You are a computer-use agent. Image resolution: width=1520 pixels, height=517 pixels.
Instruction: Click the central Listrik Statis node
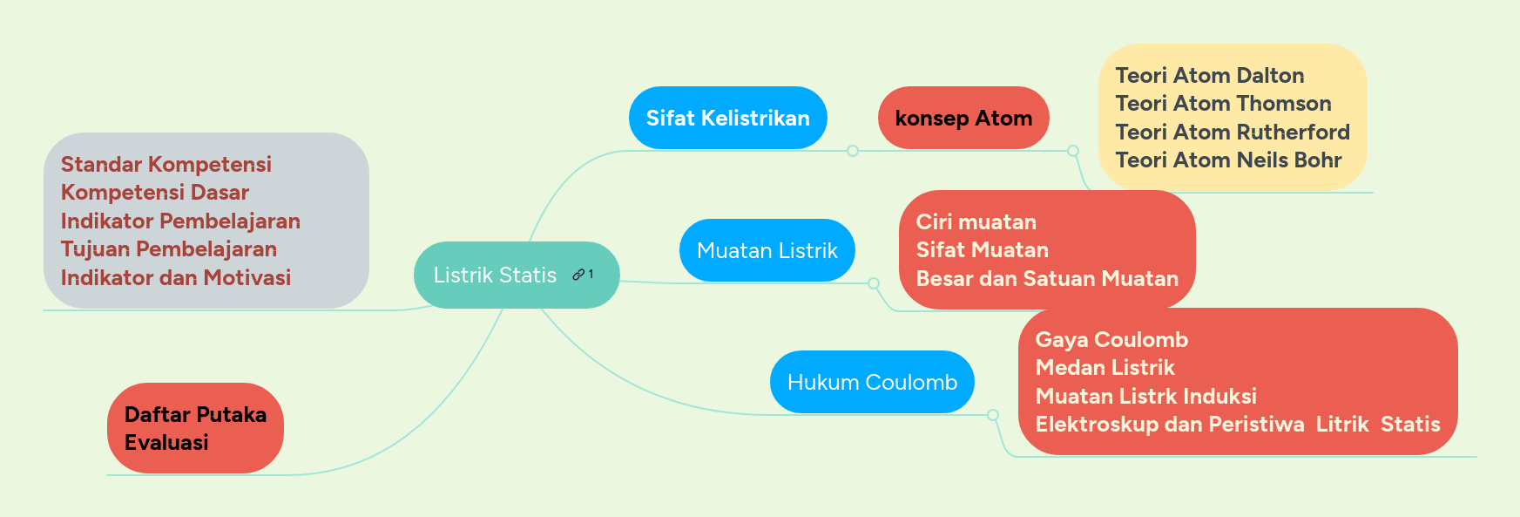click(x=494, y=276)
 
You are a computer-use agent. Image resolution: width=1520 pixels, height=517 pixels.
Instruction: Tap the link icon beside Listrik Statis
click(x=578, y=275)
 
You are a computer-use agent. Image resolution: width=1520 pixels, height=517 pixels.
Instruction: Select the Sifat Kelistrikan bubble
click(x=727, y=118)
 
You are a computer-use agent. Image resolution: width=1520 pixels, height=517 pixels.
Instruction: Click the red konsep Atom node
click(x=963, y=118)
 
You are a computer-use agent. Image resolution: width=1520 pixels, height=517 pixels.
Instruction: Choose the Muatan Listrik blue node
click(x=767, y=251)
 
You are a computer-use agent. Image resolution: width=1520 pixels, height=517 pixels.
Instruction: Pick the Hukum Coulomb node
click(x=872, y=382)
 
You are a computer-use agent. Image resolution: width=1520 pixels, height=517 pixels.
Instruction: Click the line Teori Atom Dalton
click(x=1209, y=76)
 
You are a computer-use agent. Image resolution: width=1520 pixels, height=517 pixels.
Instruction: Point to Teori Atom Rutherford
click(x=1232, y=133)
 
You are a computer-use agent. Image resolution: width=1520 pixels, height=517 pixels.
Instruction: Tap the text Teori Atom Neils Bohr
click(x=1228, y=160)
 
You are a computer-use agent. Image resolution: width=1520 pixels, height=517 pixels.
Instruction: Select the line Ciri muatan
click(x=976, y=222)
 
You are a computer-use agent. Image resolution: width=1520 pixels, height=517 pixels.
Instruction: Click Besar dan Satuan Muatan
click(x=1047, y=279)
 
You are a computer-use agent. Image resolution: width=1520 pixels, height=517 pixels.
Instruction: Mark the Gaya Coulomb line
click(x=1111, y=340)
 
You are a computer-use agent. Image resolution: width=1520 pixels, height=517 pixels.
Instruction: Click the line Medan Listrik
click(x=1105, y=368)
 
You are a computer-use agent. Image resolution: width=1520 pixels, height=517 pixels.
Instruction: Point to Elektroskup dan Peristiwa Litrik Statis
click(x=1237, y=425)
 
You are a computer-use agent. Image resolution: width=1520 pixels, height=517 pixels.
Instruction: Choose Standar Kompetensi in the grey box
click(x=166, y=165)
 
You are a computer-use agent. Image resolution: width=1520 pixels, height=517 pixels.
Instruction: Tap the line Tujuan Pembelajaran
click(x=169, y=249)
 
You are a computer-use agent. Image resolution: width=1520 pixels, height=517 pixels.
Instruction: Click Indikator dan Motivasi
click(x=176, y=278)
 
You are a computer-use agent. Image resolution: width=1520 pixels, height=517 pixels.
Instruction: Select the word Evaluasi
click(x=166, y=443)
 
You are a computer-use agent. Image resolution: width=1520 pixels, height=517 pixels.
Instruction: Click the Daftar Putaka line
click(x=195, y=415)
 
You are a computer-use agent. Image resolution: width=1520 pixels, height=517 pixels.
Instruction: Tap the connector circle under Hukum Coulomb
click(x=993, y=415)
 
